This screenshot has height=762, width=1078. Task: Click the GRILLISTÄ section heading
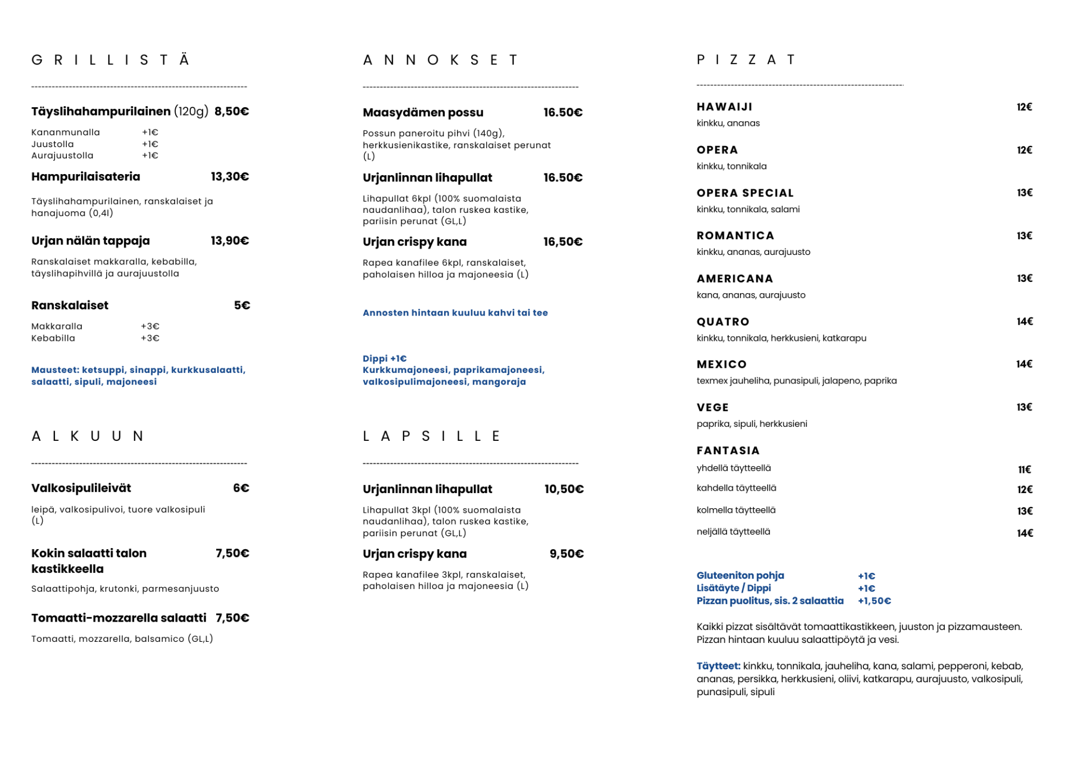coord(111,60)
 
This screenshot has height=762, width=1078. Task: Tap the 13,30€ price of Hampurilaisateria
coord(230,177)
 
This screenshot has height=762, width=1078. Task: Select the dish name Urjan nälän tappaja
coord(90,241)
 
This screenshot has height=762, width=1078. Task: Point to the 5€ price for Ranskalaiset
coord(242,305)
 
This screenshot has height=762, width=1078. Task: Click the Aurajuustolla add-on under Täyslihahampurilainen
coord(62,156)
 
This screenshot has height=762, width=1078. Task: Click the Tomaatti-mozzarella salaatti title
coord(119,618)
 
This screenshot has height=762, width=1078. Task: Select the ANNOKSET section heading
coord(441,60)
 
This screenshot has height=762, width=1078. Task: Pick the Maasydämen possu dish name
coord(423,113)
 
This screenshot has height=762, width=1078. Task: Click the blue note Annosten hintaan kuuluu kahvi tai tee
coord(455,313)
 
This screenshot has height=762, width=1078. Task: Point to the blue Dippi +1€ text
coord(385,358)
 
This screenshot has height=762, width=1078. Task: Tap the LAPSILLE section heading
coord(431,436)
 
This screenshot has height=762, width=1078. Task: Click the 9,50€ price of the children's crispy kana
coord(567,554)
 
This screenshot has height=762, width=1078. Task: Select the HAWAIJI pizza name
coord(724,107)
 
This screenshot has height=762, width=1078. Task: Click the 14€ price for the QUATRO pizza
coord(1025,322)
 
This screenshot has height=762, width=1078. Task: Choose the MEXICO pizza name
coord(721,364)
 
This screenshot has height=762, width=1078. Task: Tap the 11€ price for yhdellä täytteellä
coord(1025,469)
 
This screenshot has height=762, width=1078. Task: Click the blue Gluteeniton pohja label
coord(740,576)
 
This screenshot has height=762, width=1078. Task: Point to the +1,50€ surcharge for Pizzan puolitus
coord(874,601)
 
